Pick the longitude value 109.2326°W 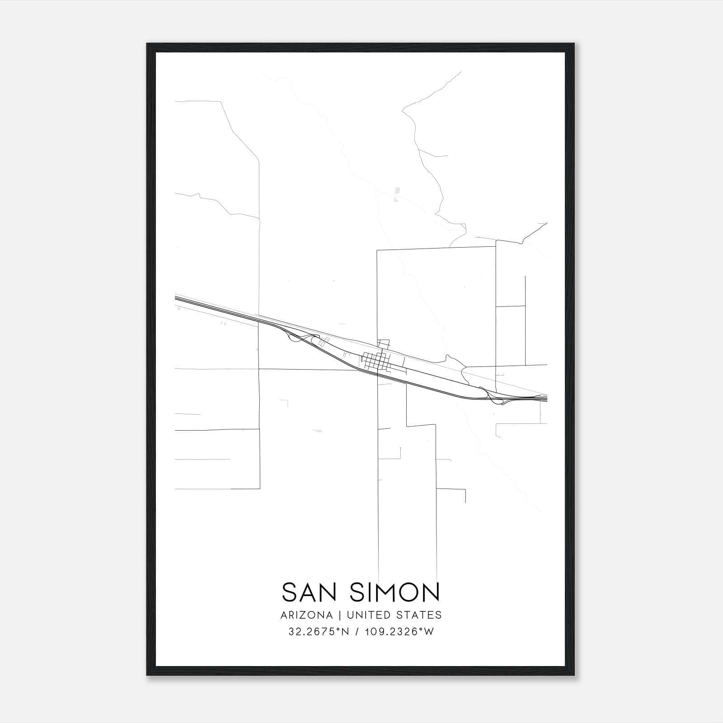tap(399, 632)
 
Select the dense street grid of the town tap(375, 361)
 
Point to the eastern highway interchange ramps tap(495, 396)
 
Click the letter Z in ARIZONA tap(305, 615)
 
